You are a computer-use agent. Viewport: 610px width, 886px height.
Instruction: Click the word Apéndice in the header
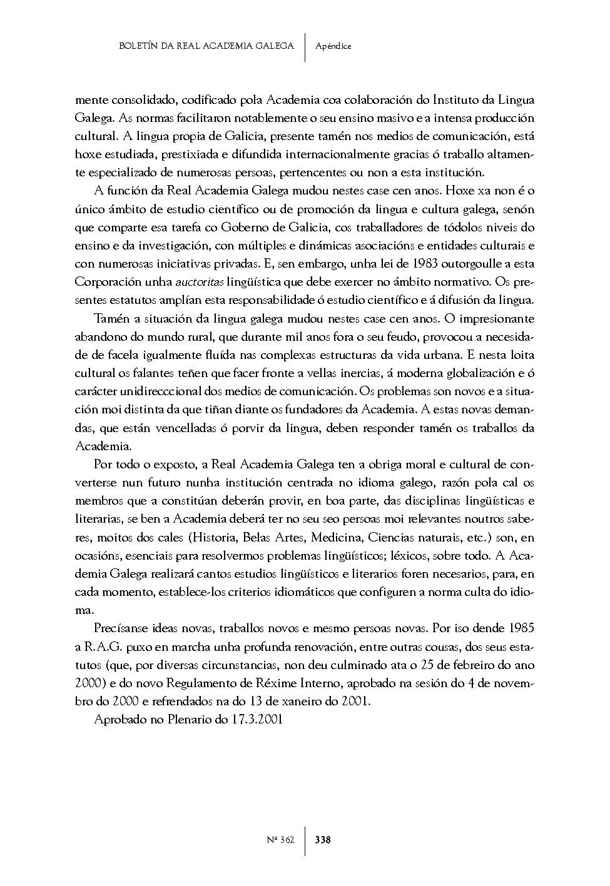pyautogui.click(x=333, y=46)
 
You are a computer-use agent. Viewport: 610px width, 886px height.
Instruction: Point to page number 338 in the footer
pyautogui.click(x=323, y=840)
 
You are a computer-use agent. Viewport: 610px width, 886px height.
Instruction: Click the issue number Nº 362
pyautogui.click(x=279, y=840)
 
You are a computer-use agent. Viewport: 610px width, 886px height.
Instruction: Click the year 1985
pyautogui.click(x=522, y=628)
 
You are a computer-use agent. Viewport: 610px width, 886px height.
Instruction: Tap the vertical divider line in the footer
pyautogui.click(x=305, y=840)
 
